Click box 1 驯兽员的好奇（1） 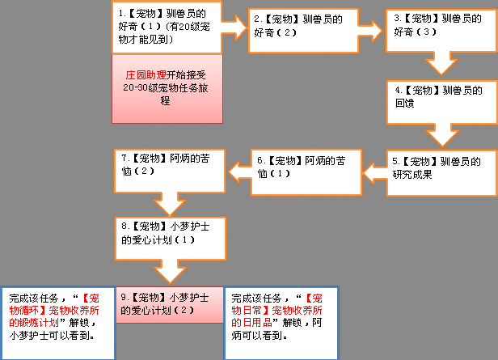pyautogui.click(x=167, y=28)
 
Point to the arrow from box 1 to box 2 pyautogui.click(x=234, y=28)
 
